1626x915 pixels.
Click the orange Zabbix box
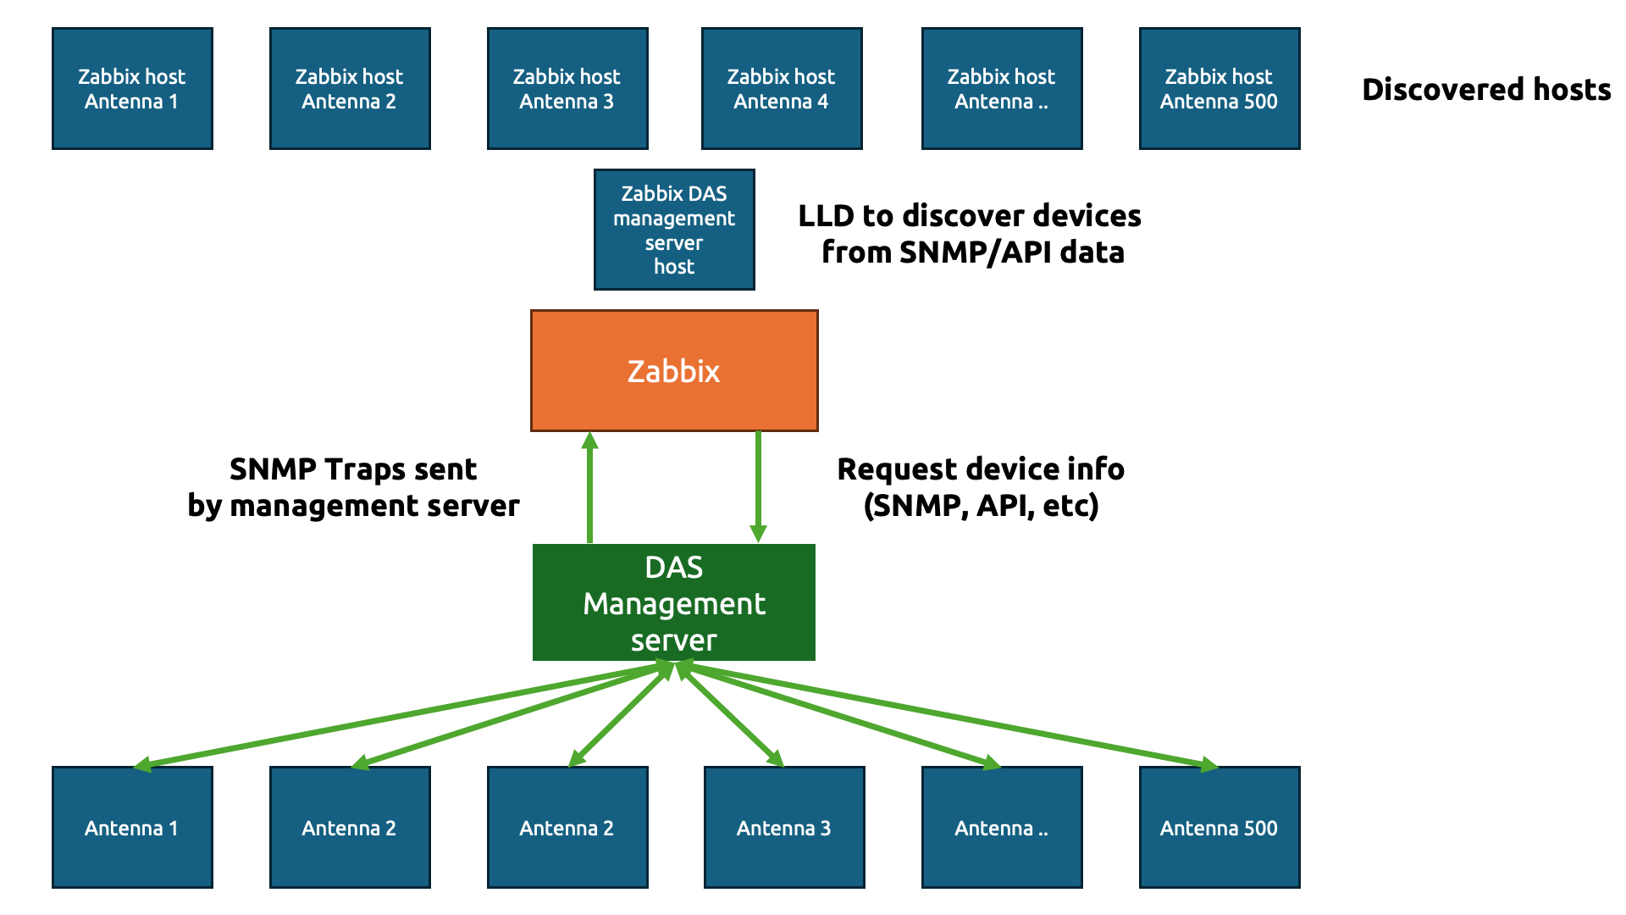click(x=674, y=371)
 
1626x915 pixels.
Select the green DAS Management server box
click(x=674, y=602)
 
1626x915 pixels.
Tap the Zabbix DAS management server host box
click(x=674, y=230)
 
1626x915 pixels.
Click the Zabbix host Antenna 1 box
click(x=132, y=89)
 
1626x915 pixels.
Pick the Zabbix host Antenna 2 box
click(x=350, y=89)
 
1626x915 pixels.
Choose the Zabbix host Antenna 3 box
click(x=567, y=89)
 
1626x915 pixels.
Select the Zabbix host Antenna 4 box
click(x=782, y=89)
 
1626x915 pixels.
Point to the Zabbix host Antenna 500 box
click(x=1219, y=89)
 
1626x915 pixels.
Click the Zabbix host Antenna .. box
click(x=1002, y=89)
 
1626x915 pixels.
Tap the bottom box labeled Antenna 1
click(x=132, y=828)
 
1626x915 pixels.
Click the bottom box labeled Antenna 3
click(x=784, y=828)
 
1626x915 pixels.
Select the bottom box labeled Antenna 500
click(x=1219, y=828)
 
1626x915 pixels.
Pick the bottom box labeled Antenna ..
click(x=1002, y=828)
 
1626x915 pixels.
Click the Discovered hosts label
click(x=1486, y=90)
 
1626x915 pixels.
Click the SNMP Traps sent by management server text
click(x=353, y=487)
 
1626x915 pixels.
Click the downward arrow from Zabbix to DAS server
click(x=758, y=487)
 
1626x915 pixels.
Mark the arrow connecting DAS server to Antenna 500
click(x=948, y=716)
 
